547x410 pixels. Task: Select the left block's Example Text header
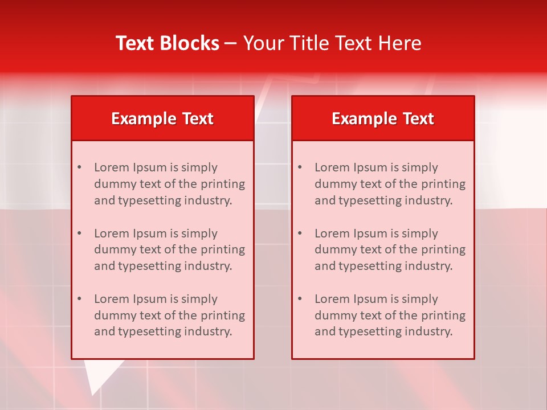[162, 118]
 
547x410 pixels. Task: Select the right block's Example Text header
[383, 118]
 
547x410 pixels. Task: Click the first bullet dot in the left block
[79, 167]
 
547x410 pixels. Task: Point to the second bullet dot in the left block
[79, 233]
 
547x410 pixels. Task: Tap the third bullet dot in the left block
[79, 299]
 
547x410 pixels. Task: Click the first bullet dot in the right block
[300, 167]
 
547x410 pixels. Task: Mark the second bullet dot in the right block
[300, 233]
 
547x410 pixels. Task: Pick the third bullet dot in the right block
[300, 299]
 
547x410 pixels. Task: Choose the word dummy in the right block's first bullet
[334, 184]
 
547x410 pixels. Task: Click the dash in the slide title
[231, 43]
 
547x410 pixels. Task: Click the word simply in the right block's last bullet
[419, 299]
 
